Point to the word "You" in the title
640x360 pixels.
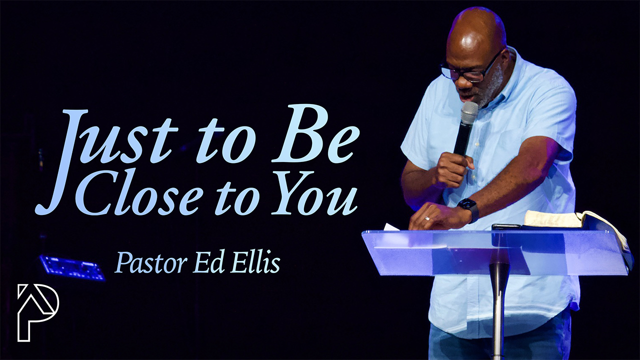click(x=313, y=195)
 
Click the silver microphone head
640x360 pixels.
click(x=469, y=113)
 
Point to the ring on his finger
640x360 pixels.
click(x=427, y=218)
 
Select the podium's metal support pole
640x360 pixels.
click(x=499, y=311)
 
